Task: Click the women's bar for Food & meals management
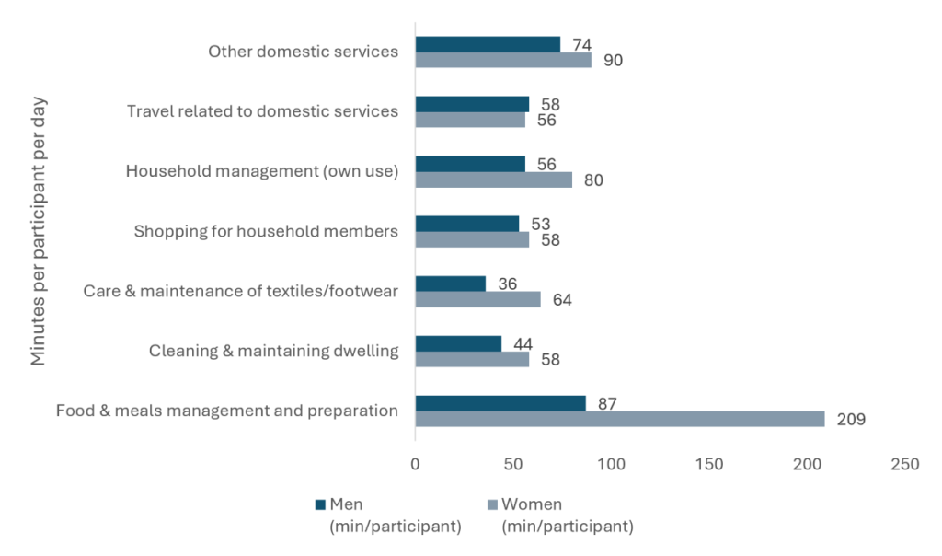(x=620, y=419)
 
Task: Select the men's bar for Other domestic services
(x=488, y=44)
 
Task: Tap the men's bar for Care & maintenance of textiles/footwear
(x=451, y=284)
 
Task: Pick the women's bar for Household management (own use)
(x=494, y=180)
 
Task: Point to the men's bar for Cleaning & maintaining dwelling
(x=458, y=344)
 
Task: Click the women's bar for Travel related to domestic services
(x=470, y=120)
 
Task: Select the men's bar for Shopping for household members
(x=467, y=224)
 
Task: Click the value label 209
(x=851, y=420)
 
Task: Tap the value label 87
(x=607, y=404)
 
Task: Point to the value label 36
(x=508, y=284)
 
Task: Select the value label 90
(x=613, y=61)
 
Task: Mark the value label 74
(x=582, y=45)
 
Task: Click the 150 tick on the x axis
(x=709, y=465)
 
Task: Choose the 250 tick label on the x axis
(x=905, y=465)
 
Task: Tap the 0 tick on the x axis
(x=415, y=465)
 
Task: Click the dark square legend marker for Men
(x=320, y=504)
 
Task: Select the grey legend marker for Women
(x=492, y=504)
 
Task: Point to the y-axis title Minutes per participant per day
(x=38, y=231)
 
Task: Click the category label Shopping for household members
(x=266, y=231)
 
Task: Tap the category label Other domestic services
(x=304, y=52)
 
